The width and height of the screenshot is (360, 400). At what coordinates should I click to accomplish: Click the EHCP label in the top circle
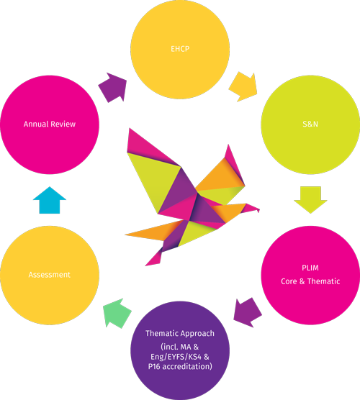180,49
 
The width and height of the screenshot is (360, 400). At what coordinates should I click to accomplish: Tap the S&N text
310,124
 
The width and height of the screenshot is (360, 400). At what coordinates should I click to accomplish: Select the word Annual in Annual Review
36,124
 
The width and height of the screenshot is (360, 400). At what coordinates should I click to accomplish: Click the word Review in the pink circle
63,124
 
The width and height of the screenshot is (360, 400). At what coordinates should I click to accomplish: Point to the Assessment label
49,275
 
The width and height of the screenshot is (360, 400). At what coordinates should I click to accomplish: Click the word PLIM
310,268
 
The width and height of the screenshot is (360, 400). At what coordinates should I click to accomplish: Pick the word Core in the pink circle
289,281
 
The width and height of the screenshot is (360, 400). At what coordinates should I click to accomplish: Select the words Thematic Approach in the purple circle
180,333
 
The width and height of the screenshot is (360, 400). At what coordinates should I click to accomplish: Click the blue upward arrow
50,200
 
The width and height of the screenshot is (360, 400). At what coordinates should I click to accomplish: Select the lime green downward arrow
310,200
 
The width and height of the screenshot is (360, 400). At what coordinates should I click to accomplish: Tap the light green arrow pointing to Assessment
117,313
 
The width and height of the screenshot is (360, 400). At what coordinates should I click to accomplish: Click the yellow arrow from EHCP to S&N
243,87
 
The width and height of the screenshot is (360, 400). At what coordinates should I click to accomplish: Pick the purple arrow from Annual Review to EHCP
112,88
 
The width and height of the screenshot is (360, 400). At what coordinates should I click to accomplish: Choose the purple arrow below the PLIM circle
248,312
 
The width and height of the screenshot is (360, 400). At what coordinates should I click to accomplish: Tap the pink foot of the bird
153,258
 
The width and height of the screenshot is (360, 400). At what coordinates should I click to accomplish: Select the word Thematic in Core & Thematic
323,281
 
